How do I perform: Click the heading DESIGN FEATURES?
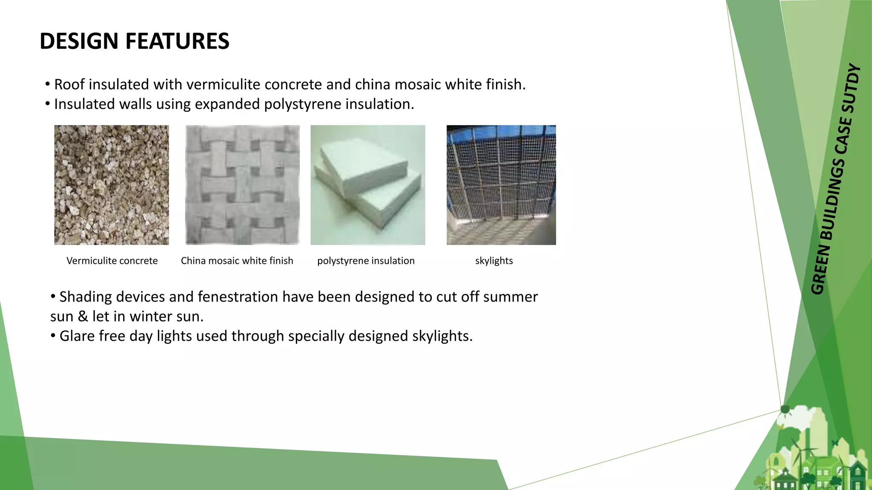[x=134, y=41]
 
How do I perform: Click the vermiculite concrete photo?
[x=112, y=185]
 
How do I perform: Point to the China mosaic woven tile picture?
[x=242, y=185]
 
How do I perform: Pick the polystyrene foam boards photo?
[x=368, y=185]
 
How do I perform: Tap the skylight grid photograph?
[x=501, y=185]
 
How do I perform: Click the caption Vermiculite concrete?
[x=112, y=261]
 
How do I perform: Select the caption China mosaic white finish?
[x=237, y=261]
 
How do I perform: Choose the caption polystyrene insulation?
[x=366, y=261]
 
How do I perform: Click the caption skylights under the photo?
[x=494, y=261]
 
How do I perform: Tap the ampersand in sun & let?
[x=83, y=316]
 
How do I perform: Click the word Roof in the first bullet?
[x=69, y=85]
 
